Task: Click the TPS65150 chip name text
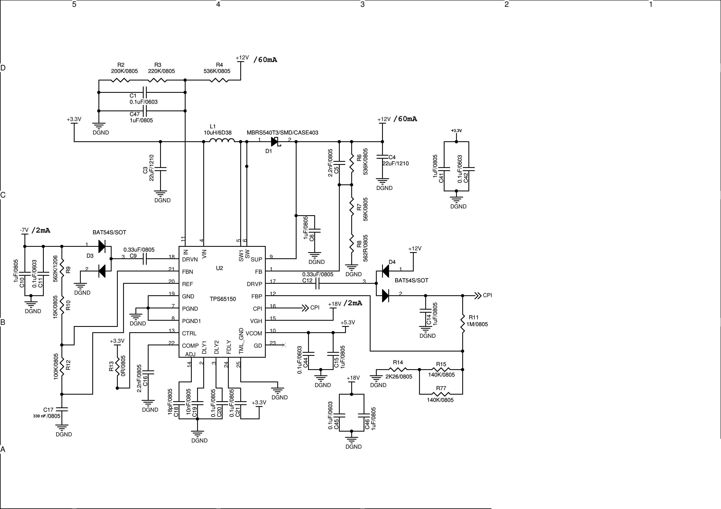point(223,299)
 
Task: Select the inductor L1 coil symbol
point(222,141)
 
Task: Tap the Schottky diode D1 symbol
point(275,142)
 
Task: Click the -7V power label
point(24,230)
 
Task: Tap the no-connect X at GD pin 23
point(284,345)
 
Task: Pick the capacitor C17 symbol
point(62,410)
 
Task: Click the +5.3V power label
point(348,322)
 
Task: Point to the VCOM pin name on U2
point(254,333)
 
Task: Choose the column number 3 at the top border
point(362,4)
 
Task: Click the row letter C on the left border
point(3,195)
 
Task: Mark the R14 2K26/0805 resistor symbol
point(398,369)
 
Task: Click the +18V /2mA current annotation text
point(353,303)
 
